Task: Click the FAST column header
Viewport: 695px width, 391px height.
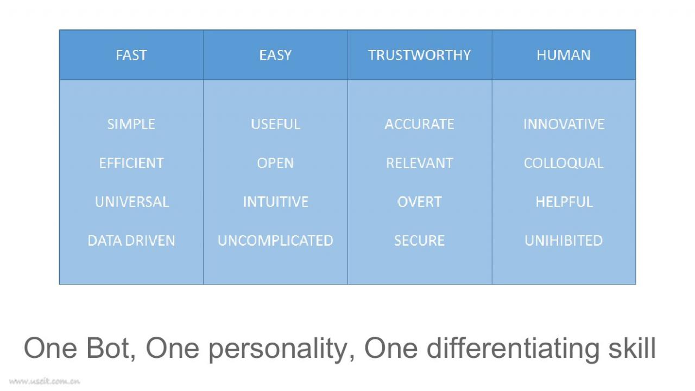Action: tap(131, 55)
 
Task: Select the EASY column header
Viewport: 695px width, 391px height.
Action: tap(275, 55)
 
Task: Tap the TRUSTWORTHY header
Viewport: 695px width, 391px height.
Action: tap(420, 55)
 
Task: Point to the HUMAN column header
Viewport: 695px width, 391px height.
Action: tap(564, 55)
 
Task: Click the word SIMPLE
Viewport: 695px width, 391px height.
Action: tap(131, 124)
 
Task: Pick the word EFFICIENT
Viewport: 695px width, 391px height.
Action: tap(131, 163)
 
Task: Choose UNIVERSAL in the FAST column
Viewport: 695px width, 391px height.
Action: tap(132, 201)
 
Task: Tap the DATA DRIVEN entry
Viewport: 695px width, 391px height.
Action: tap(131, 241)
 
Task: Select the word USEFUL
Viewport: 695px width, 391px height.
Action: tap(275, 124)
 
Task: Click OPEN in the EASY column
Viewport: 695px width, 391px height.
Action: tap(275, 163)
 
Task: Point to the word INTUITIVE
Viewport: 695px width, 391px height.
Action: tap(275, 201)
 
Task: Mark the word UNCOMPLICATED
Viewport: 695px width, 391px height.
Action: tap(275, 241)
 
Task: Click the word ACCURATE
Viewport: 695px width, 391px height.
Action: tap(420, 124)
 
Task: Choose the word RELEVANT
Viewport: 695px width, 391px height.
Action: tap(420, 163)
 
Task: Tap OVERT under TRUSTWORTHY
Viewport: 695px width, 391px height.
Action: tap(420, 201)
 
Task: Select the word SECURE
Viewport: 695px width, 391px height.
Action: tap(420, 241)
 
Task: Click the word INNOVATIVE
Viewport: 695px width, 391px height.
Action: tap(564, 124)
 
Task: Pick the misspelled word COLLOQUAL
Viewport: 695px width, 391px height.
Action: tap(564, 163)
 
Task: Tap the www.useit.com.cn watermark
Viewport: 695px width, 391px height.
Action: tap(45, 381)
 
